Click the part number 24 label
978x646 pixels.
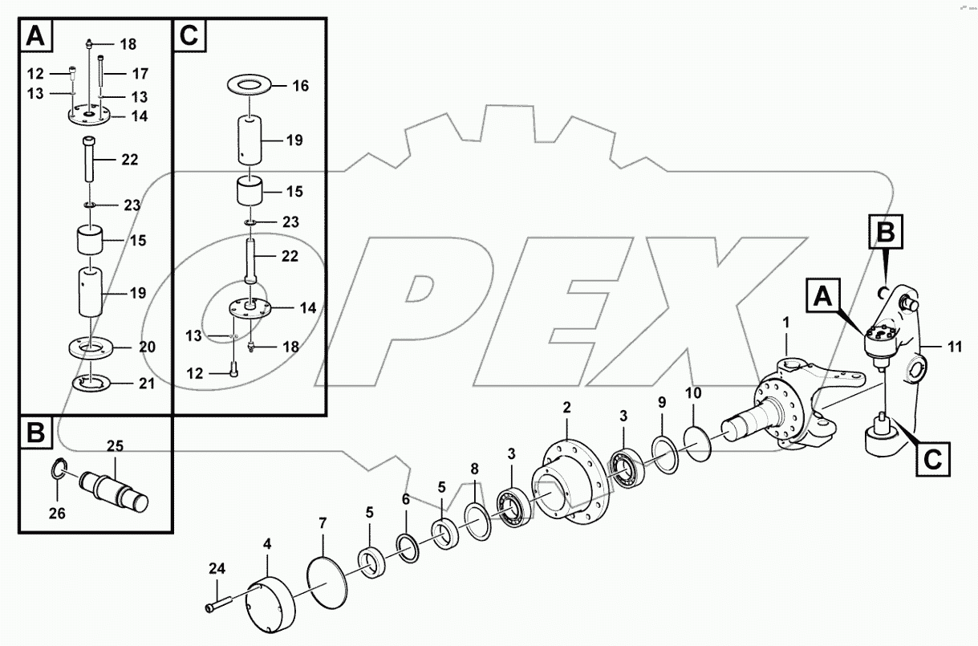217,571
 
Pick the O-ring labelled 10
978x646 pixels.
698,441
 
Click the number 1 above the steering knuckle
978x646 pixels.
786,323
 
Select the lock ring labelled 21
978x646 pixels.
95,384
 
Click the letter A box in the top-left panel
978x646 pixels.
37,36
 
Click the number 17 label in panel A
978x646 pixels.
140,74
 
